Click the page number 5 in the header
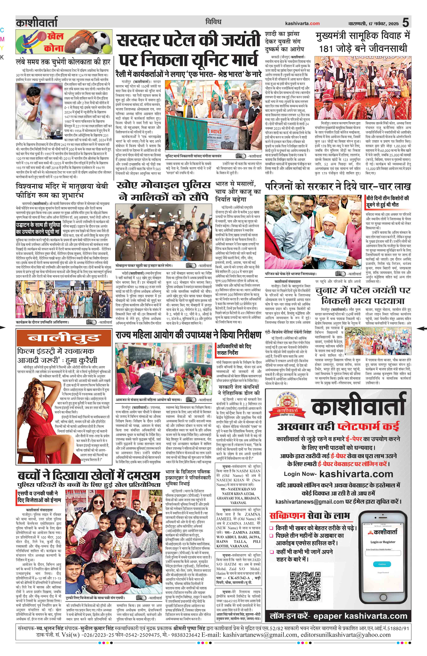(405, 22)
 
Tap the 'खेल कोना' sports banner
(64, 42)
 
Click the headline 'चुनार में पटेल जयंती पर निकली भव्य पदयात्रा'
(363, 295)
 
